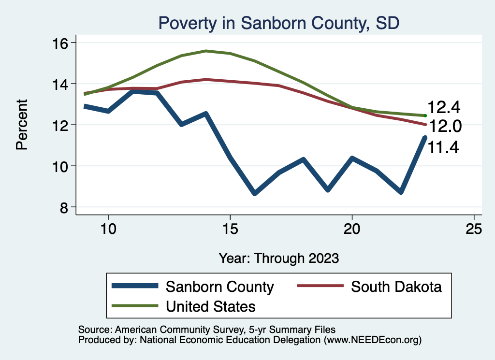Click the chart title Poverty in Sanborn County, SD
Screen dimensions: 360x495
(x=278, y=23)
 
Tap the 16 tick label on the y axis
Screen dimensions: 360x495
(x=62, y=43)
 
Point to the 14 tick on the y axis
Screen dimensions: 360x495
(x=62, y=84)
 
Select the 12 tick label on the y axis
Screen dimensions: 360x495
(x=62, y=125)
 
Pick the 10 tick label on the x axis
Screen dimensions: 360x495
(x=108, y=229)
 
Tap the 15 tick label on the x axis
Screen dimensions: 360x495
(x=230, y=229)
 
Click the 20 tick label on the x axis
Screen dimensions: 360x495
(x=352, y=229)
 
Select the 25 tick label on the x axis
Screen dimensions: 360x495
(x=474, y=229)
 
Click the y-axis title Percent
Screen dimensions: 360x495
(x=22, y=125)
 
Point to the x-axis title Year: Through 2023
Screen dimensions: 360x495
(x=278, y=258)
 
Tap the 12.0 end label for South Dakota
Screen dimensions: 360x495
(x=445, y=127)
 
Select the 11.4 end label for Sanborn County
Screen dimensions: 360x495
(x=443, y=146)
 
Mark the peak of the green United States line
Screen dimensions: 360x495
(x=206, y=51)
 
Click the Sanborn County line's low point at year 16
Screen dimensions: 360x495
(x=254, y=193)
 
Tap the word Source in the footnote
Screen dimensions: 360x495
(x=94, y=330)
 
